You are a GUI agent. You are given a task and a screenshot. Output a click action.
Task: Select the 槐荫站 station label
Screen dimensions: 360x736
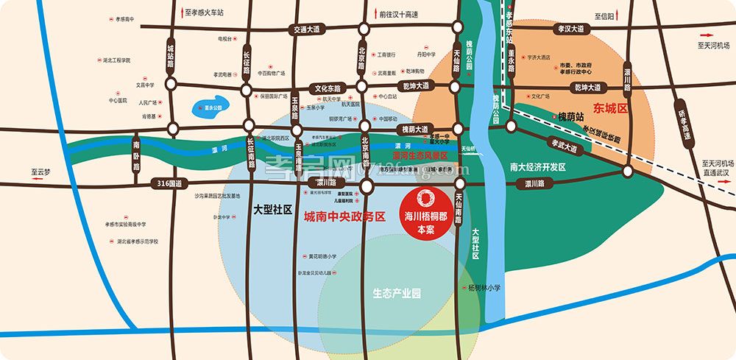pos(570,116)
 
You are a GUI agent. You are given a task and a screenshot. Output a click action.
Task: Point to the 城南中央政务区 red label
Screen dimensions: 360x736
pos(344,216)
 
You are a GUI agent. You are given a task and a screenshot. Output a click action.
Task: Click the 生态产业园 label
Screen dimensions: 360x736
pos(397,293)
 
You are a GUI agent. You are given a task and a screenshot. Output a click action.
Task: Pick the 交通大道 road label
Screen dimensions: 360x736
pos(307,29)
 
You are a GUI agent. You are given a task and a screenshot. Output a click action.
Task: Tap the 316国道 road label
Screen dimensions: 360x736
pos(169,183)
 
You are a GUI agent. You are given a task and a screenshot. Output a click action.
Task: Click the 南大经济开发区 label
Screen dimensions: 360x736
pos(537,167)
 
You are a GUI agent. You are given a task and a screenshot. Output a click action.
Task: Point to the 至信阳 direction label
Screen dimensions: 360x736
pos(604,14)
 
